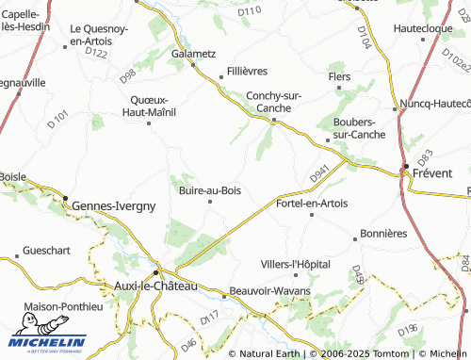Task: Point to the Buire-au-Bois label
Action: (209, 190)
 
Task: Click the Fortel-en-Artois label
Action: (312, 203)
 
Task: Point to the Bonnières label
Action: (383, 233)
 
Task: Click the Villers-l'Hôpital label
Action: (296, 264)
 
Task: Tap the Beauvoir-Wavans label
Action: (271, 291)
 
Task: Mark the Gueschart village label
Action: (48, 252)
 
